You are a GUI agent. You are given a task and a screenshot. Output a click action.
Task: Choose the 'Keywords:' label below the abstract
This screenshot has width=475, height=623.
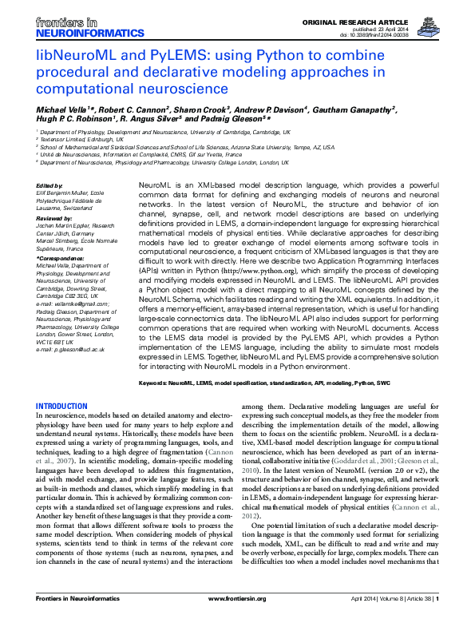(x=156, y=384)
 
